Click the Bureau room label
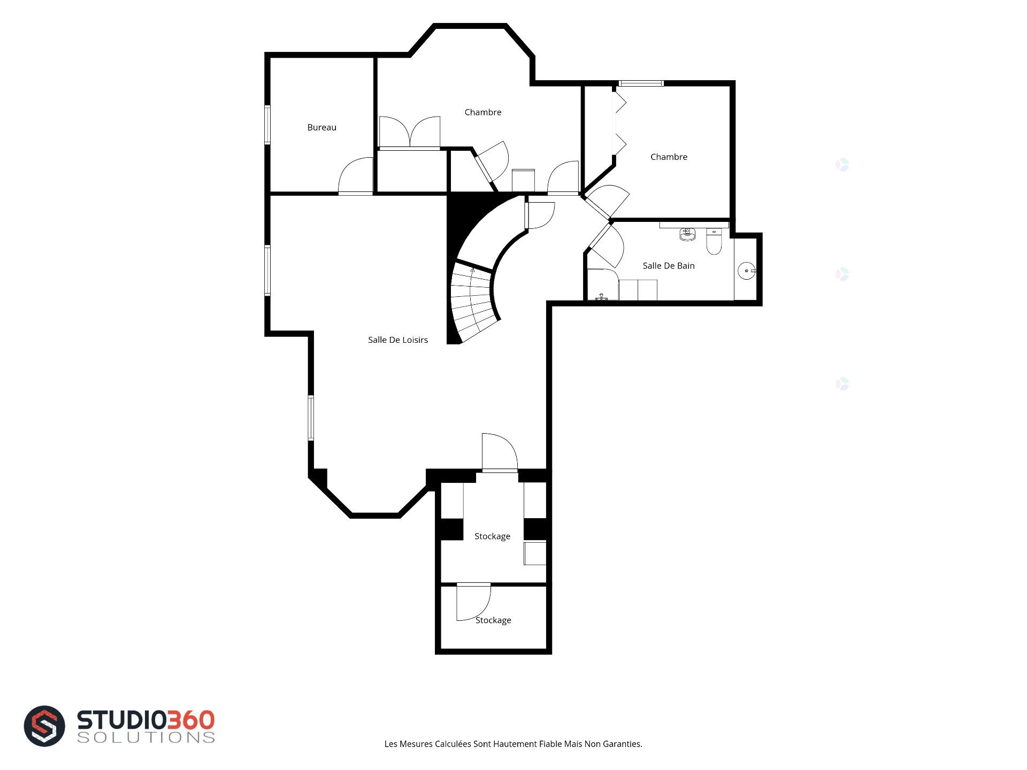click(x=321, y=127)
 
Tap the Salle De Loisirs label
click(x=398, y=340)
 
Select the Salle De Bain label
click(x=669, y=266)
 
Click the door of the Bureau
click(x=356, y=176)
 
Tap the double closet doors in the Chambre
click(x=409, y=132)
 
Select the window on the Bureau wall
click(x=267, y=125)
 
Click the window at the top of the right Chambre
click(x=641, y=83)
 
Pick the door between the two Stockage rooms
click(x=473, y=602)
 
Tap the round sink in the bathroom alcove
click(x=747, y=271)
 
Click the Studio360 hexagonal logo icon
click(x=44, y=726)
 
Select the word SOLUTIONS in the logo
click(x=146, y=737)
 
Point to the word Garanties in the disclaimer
click(x=623, y=744)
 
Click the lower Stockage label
click(x=493, y=620)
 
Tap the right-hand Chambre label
click(x=669, y=157)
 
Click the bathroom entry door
click(x=607, y=245)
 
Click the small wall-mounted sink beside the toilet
click(x=687, y=234)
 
